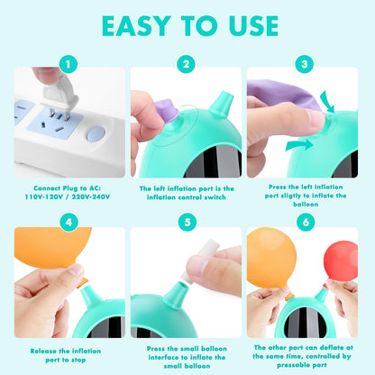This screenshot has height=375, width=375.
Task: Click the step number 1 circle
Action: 69,64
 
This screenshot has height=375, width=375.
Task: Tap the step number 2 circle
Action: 187,64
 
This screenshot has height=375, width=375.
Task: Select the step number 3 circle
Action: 305,64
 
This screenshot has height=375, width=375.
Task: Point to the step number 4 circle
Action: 69,222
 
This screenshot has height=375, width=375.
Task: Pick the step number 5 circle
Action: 187,222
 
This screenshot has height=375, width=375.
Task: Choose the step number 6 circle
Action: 306,222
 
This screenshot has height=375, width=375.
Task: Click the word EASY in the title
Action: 136,26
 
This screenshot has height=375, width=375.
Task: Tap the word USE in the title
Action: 254,26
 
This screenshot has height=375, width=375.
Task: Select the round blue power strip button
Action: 96,134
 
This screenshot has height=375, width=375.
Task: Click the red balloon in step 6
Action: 341,261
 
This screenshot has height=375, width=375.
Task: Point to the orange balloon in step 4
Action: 52,248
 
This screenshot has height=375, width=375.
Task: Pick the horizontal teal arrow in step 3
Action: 299,145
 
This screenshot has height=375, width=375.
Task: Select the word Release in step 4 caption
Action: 43,351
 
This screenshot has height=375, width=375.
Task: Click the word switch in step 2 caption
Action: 215,197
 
